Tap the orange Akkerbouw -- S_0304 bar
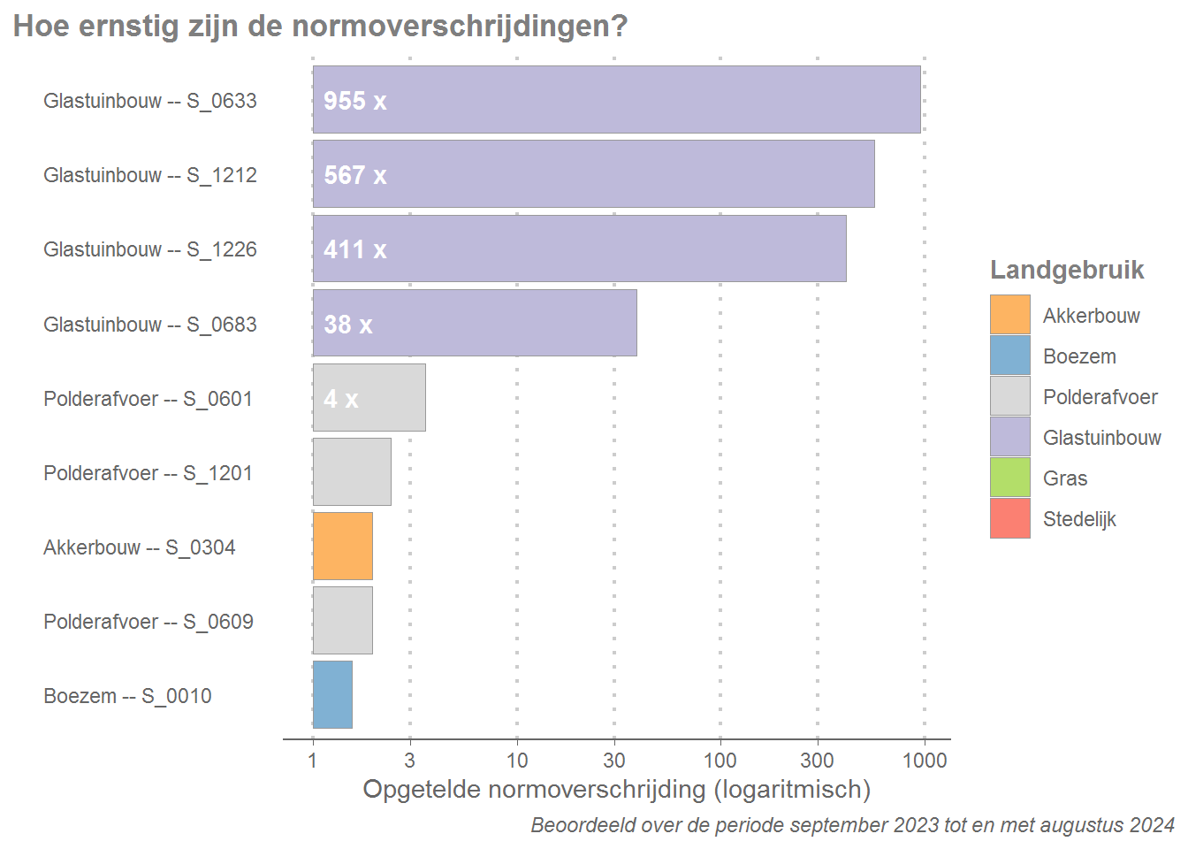coord(343,547)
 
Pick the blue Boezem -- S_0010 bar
coord(333,695)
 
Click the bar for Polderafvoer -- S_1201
coord(352,472)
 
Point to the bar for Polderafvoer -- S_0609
coord(343,621)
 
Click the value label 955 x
coord(355,101)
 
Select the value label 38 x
coord(348,325)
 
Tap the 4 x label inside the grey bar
coord(341,399)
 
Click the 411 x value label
coord(355,249)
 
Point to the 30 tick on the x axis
coord(614,761)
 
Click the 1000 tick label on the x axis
coord(925,761)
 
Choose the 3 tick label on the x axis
coord(409,761)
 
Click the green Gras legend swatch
coord(1009,478)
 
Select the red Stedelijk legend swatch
coord(1009,518)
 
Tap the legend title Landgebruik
coord(1067,270)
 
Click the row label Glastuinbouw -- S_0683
coord(150,325)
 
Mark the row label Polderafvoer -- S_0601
coord(148,399)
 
